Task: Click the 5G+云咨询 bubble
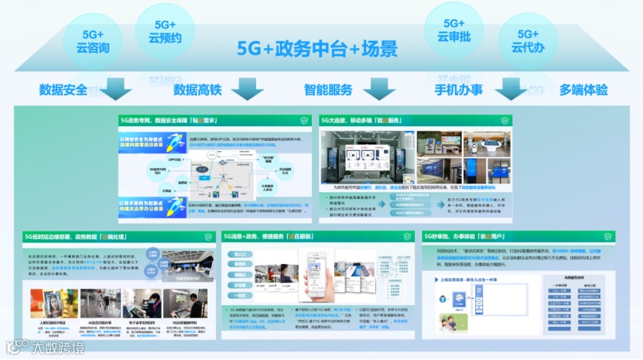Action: (x=92, y=41)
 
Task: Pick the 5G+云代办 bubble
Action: (x=528, y=41)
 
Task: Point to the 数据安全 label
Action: (x=63, y=90)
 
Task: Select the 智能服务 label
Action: (x=327, y=90)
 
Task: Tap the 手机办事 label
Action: (x=459, y=90)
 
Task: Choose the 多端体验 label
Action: (x=584, y=90)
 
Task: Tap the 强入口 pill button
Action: (x=240, y=254)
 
